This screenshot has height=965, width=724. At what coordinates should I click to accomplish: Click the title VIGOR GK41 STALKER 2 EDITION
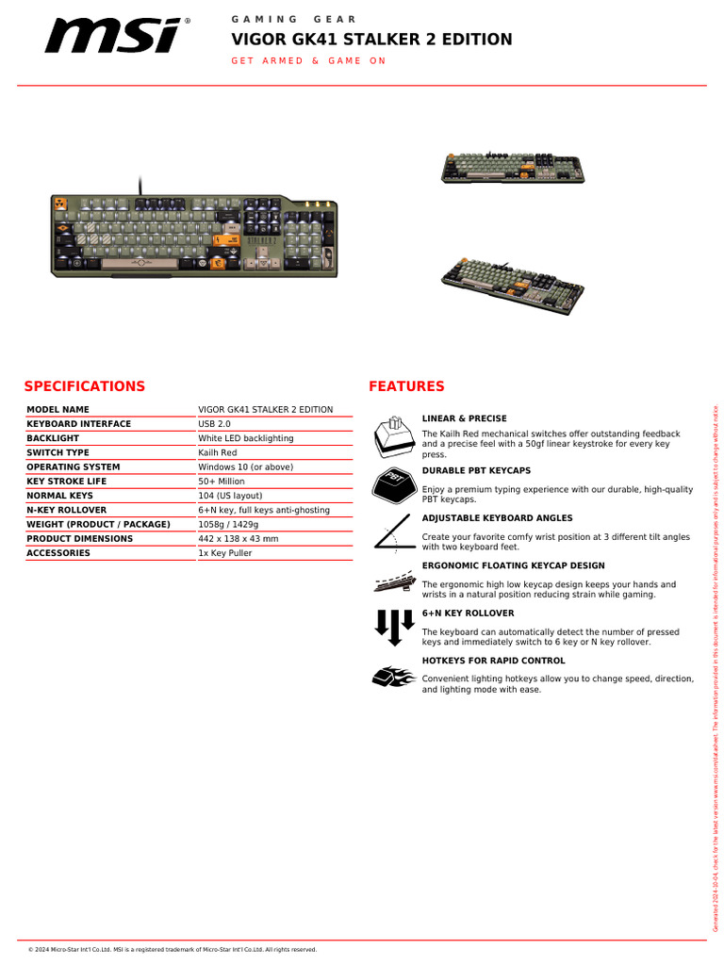tap(372, 40)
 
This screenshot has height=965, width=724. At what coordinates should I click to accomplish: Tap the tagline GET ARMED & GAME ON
tap(309, 61)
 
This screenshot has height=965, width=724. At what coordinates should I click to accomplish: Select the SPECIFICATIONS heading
tap(85, 386)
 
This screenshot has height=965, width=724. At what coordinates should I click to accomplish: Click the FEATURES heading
tap(406, 386)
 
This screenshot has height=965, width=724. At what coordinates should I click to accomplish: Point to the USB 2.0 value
tap(214, 424)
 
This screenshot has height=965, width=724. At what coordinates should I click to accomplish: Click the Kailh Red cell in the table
tap(218, 453)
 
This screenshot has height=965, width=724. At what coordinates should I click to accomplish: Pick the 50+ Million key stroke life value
tap(222, 482)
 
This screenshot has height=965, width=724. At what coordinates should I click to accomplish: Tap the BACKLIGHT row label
tap(53, 438)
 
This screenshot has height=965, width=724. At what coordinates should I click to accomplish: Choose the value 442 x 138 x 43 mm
tap(238, 539)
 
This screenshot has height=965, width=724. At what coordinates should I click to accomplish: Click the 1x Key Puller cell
tap(225, 553)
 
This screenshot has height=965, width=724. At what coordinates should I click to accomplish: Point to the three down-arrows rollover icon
tap(393, 626)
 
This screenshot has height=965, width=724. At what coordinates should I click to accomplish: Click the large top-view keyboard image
tap(193, 237)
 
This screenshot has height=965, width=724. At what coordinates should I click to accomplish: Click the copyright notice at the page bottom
tap(173, 949)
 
